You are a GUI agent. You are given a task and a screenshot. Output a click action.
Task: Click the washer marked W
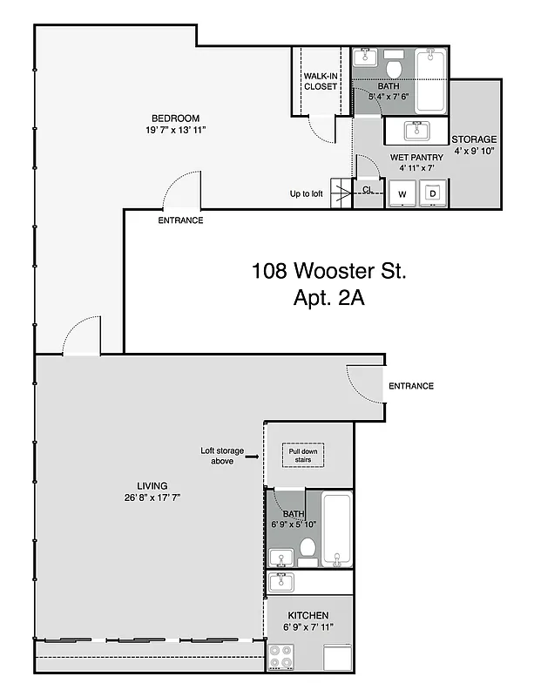pos(402,193)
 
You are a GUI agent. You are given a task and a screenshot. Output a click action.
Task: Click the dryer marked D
pos(431,193)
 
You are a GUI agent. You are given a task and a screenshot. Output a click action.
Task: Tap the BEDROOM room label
pos(175,118)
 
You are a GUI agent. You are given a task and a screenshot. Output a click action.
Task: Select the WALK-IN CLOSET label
pos(321,81)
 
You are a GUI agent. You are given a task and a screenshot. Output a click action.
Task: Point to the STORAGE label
pos(474,139)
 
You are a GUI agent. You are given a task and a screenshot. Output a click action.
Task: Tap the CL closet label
pos(368,189)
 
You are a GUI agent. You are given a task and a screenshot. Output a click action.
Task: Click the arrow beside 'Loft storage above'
pos(251,455)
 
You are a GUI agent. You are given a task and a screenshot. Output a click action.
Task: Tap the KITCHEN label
pos(308,616)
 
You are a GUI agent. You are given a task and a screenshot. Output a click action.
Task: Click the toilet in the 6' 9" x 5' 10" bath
pos(308,548)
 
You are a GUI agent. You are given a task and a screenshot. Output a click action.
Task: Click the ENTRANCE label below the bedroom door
pos(180,220)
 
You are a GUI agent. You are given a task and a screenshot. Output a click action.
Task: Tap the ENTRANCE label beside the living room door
pos(410,386)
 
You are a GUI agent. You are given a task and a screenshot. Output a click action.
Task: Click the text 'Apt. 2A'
pos(329,298)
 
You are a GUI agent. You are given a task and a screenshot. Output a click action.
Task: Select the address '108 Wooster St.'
pos(329,270)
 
